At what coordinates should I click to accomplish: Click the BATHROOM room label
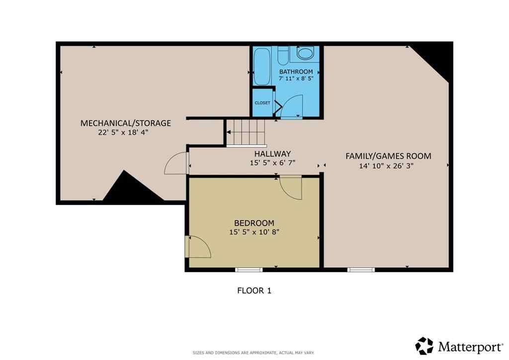click(x=296, y=72)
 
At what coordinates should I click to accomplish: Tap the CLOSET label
click(x=262, y=103)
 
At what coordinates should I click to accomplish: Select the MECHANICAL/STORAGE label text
click(x=126, y=123)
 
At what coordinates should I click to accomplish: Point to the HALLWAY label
click(x=272, y=154)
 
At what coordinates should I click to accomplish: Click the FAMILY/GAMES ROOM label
click(x=388, y=156)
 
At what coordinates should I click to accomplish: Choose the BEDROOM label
click(x=254, y=223)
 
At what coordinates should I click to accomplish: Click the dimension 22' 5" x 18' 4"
click(x=124, y=133)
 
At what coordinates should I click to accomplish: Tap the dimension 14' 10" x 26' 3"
click(x=386, y=166)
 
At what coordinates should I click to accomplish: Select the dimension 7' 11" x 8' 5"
click(x=296, y=79)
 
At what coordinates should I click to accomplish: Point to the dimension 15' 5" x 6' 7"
click(x=272, y=163)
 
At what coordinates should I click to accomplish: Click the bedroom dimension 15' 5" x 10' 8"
click(x=254, y=232)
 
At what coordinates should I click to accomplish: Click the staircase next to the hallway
click(x=246, y=133)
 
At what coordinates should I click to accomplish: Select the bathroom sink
click(x=304, y=54)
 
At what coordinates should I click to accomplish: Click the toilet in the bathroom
click(x=283, y=56)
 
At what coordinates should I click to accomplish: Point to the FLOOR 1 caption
click(x=254, y=291)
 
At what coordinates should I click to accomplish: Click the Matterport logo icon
click(x=424, y=346)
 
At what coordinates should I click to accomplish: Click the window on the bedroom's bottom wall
click(x=249, y=270)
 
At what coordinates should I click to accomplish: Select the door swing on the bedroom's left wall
click(x=197, y=247)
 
